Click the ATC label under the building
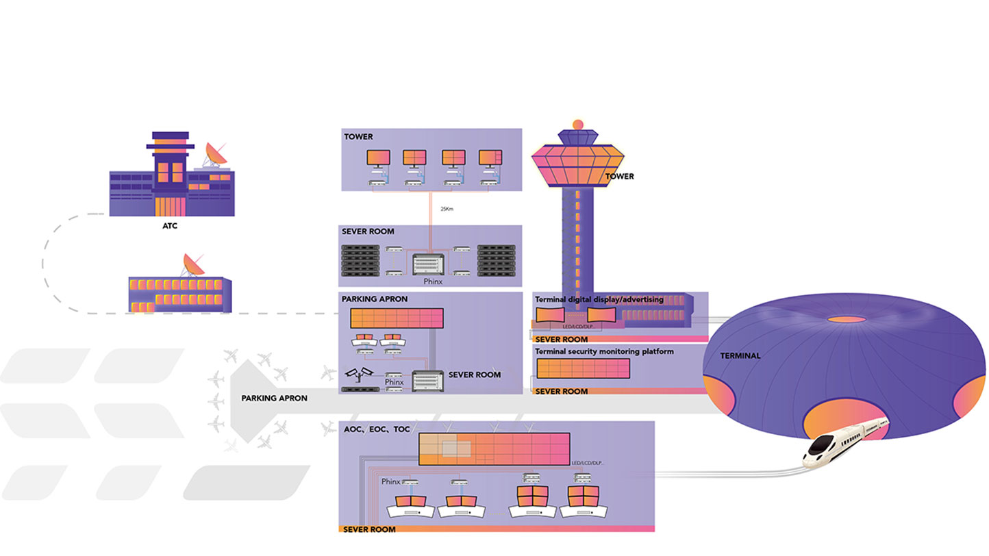(170, 226)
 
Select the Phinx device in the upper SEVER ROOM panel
(429, 265)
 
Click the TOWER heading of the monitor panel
(358, 137)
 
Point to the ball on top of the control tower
(577, 124)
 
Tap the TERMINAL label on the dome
(740, 356)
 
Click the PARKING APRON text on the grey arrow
(274, 399)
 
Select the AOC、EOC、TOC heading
(375, 429)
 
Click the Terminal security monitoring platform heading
(604, 351)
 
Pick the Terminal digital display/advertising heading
(599, 299)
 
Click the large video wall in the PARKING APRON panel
(397, 318)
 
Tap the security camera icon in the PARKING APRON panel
(360, 373)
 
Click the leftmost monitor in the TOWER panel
(378, 158)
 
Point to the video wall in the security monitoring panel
(583, 368)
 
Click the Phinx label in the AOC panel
(390, 481)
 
